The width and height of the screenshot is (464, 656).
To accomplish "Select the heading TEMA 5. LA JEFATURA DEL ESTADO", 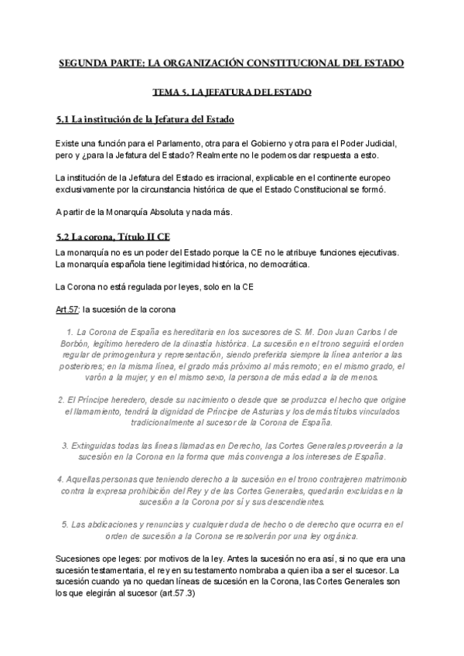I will point(231,92).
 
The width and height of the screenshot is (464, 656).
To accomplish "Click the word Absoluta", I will point(153,212).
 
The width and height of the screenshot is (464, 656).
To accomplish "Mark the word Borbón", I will point(75,343).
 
